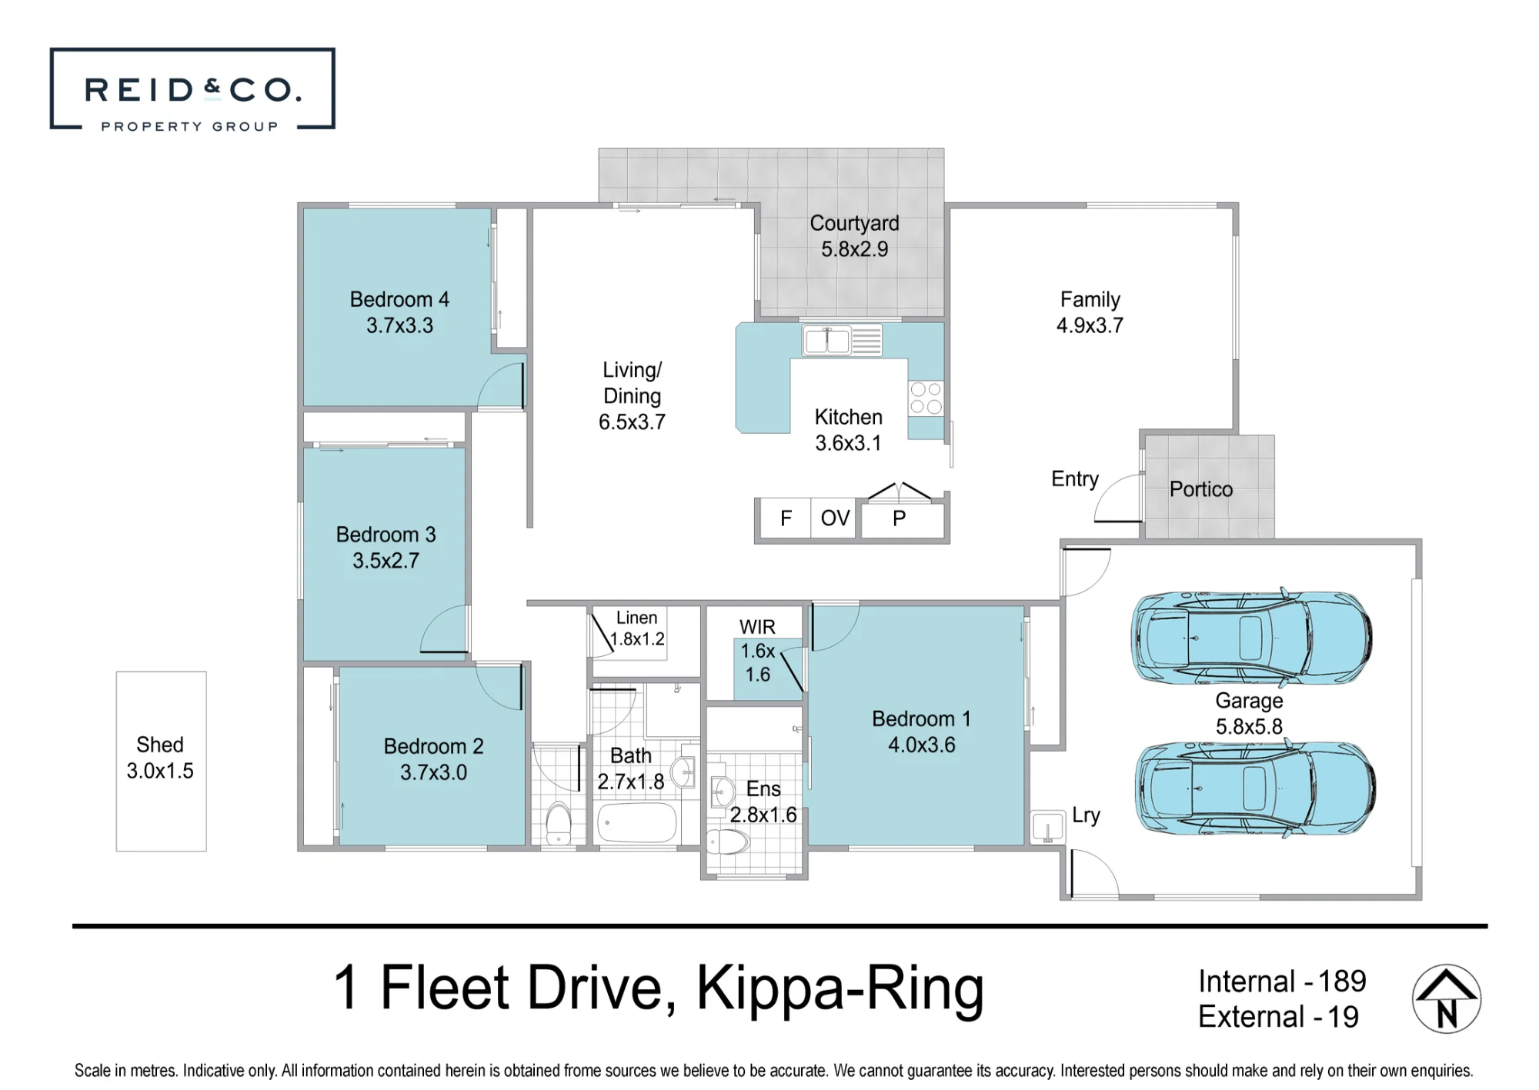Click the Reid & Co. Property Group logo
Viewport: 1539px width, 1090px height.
(192, 88)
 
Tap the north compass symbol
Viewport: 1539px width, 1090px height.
(1447, 998)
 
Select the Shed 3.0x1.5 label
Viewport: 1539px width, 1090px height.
(160, 758)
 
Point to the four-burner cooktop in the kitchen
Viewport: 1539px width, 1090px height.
(926, 398)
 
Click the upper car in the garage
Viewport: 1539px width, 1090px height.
(1251, 638)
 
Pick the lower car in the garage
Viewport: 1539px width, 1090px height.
(1254, 788)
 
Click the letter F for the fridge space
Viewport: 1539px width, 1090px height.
(786, 518)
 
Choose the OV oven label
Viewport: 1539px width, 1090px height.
(835, 518)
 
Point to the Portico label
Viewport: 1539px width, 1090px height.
(1201, 489)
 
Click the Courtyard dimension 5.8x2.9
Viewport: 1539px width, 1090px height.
(854, 249)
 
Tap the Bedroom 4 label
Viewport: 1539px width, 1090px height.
(399, 299)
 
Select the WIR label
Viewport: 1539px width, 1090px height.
(757, 628)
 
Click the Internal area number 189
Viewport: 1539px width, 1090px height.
(1342, 982)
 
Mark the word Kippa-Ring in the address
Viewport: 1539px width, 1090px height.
(840, 989)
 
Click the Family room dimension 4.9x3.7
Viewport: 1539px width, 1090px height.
(1090, 325)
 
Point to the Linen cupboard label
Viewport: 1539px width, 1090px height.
(636, 618)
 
